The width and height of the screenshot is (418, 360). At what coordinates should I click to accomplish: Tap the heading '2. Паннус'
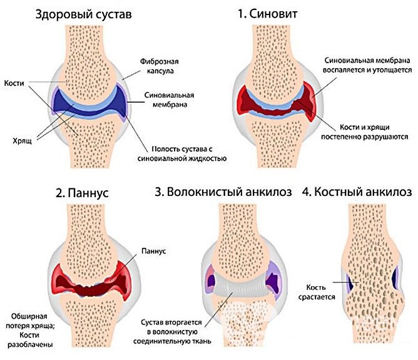click(82, 192)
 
